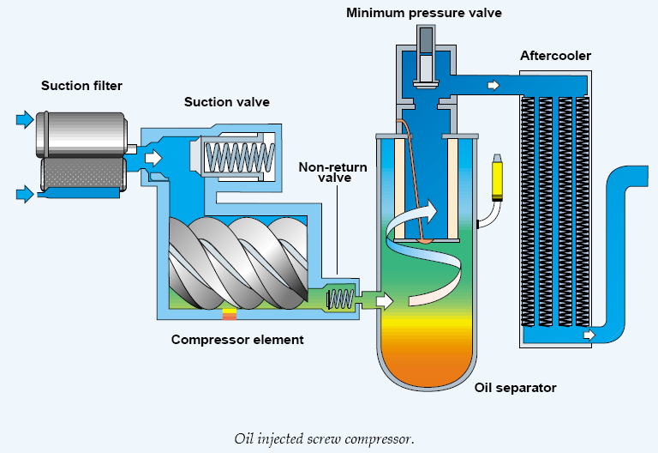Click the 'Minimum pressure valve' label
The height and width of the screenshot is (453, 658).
tap(425, 12)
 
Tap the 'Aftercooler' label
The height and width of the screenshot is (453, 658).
tap(555, 57)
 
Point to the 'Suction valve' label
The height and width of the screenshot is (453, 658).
tap(227, 102)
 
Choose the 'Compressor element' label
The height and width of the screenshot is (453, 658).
tap(237, 340)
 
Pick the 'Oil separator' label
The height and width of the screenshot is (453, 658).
tap(515, 388)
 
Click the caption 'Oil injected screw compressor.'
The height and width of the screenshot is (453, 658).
tap(324, 438)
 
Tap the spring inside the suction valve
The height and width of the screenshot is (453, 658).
tap(237, 157)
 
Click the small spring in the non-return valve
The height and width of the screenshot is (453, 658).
tap(340, 299)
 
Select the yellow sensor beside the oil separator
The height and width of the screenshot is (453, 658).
tap(496, 179)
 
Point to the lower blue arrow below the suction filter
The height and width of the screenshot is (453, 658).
tap(24, 194)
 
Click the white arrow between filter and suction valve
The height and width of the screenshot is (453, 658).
tap(153, 158)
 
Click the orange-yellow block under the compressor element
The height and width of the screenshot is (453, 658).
tap(229, 314)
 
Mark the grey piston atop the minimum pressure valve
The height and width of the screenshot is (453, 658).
tap(425, 39)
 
